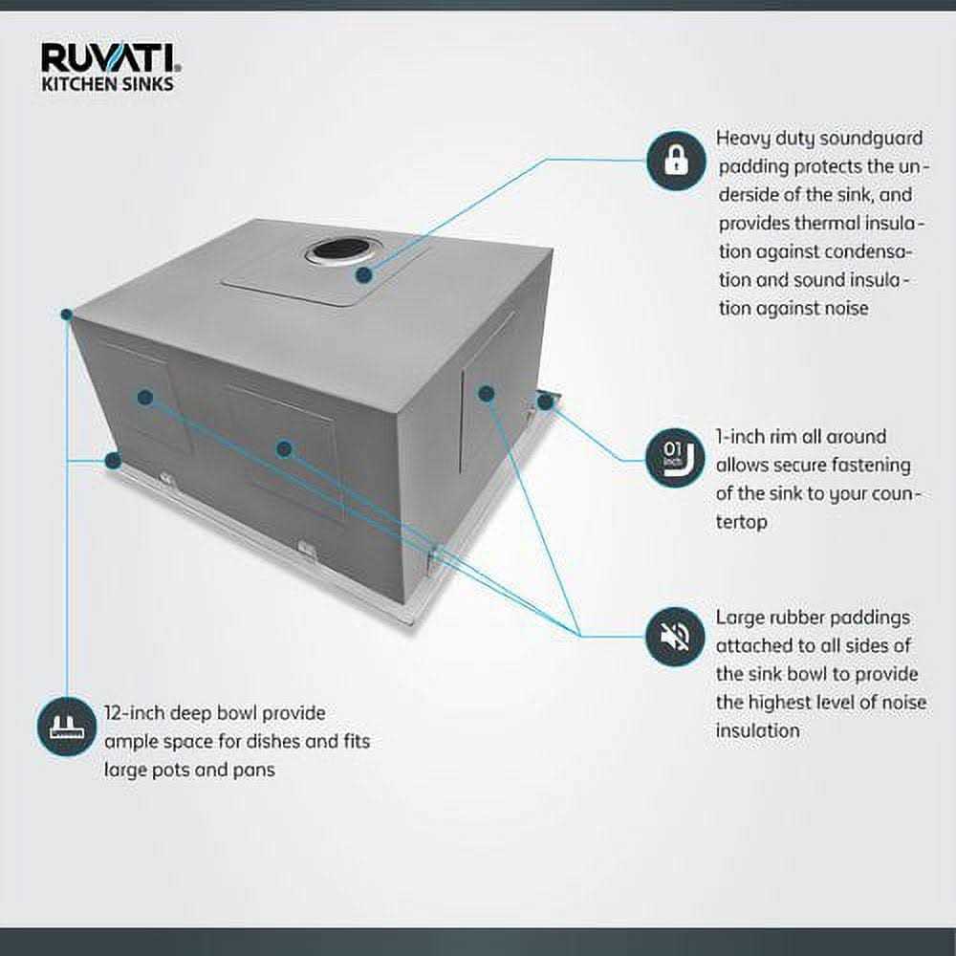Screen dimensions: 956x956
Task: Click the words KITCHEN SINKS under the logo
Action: [107, 84]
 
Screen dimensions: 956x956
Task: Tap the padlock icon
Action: [676, 160]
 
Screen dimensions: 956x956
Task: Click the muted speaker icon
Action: [676, 636]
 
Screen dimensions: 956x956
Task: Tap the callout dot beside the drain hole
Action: [363, 275]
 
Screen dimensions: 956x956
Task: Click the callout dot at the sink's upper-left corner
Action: [67, 314]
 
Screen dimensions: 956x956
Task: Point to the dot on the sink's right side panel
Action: [486, 392]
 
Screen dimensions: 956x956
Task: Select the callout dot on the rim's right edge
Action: [545, 402]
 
